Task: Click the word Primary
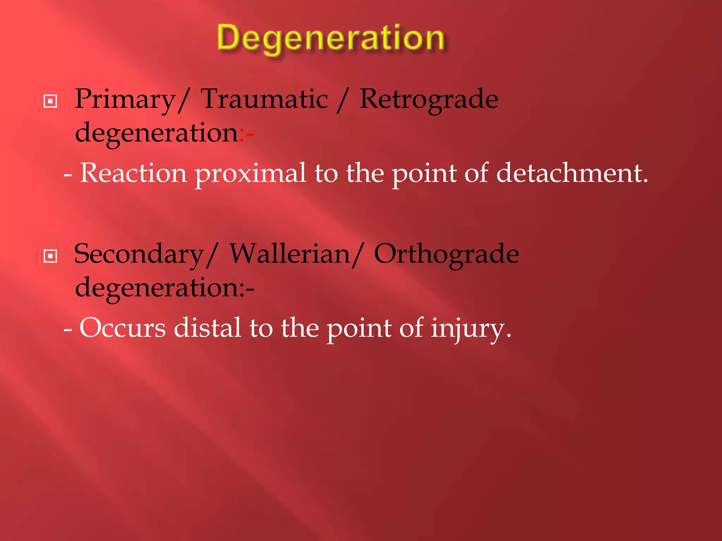(x=125, y=100)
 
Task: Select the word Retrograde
(x=429, y=100)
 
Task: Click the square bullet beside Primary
(x=50, y=102)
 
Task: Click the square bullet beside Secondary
(x=50, y=256)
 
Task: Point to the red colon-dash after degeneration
(x=247, y=134)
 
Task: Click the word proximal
(x=250, y=174)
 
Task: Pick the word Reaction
(x=133, y=173)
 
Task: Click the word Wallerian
(x=290, y=254)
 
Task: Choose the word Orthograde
(x=446, y=254)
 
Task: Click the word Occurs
(x=123, y=328)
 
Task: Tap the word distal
(x=208, y=328)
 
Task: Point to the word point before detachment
(x=424, y=174)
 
